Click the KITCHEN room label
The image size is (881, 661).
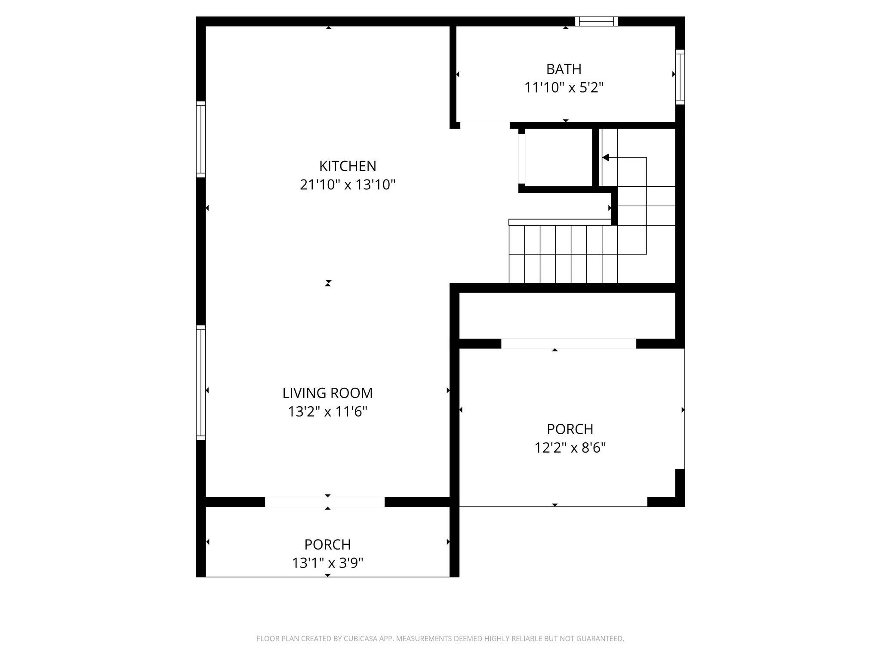point(348,166)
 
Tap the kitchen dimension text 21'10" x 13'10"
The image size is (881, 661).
point(348,185)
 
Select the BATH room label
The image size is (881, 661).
point(564,69)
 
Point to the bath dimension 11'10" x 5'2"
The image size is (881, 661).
point(564,88)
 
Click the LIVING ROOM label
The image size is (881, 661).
point(327,393)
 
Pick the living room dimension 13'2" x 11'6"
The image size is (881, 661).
point(327,412)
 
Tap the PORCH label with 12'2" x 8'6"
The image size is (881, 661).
point(570,429)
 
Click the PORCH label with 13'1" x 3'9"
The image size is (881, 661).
point(327,545)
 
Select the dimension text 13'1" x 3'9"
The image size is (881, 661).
point(327,563)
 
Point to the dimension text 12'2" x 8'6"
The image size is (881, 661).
point(570,448)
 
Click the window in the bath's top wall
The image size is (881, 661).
point(596,22)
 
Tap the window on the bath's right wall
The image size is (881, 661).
point(680,77)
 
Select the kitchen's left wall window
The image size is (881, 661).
point(201,139)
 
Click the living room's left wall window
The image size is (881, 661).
point(201,383)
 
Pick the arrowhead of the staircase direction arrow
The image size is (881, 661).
point(605,158)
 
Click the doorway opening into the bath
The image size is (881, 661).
point(485,125)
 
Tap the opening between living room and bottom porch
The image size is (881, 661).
point(325,502)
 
